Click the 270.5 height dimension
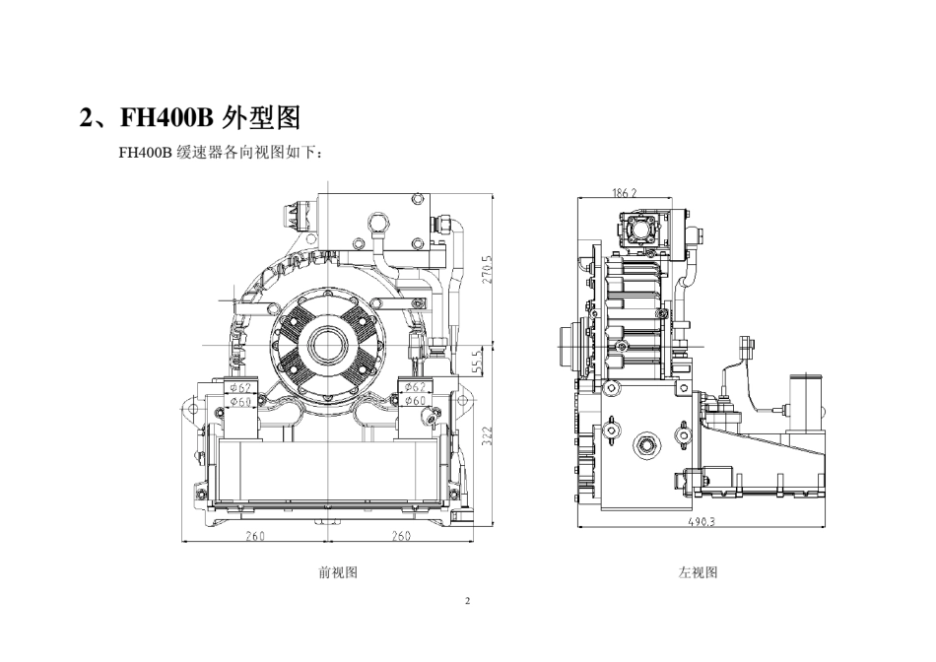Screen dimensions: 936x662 coord(487,269)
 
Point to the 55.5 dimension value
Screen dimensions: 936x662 coord(476,362)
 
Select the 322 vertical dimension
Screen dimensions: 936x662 coord(487,436)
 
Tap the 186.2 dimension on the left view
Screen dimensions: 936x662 coord(625,193)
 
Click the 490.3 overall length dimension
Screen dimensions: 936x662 coord(702,522)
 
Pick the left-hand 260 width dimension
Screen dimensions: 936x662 coord(255,536)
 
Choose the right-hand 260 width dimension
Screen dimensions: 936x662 coord(401,536)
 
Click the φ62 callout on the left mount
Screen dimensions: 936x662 coord(240,388)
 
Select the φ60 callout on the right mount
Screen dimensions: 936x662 coord(415,401)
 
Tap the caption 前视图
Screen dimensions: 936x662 coord(338,572)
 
